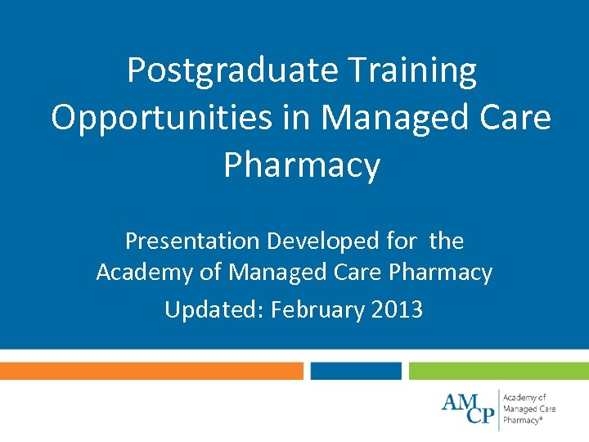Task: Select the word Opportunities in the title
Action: tap(161, 118)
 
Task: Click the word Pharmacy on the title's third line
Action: tap(302, 165)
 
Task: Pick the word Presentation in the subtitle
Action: tap(191, 241)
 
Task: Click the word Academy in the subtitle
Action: tap(145, 272)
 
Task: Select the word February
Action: tap(317, 309)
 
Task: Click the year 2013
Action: tap(396, 309)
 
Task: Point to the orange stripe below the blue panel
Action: tap(151, 371)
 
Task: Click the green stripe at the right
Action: tap(498, 371)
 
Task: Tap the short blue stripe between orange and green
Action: tap(356, 371)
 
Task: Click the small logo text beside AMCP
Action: tap(529, 408)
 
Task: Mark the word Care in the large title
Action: tap(515, 118)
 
